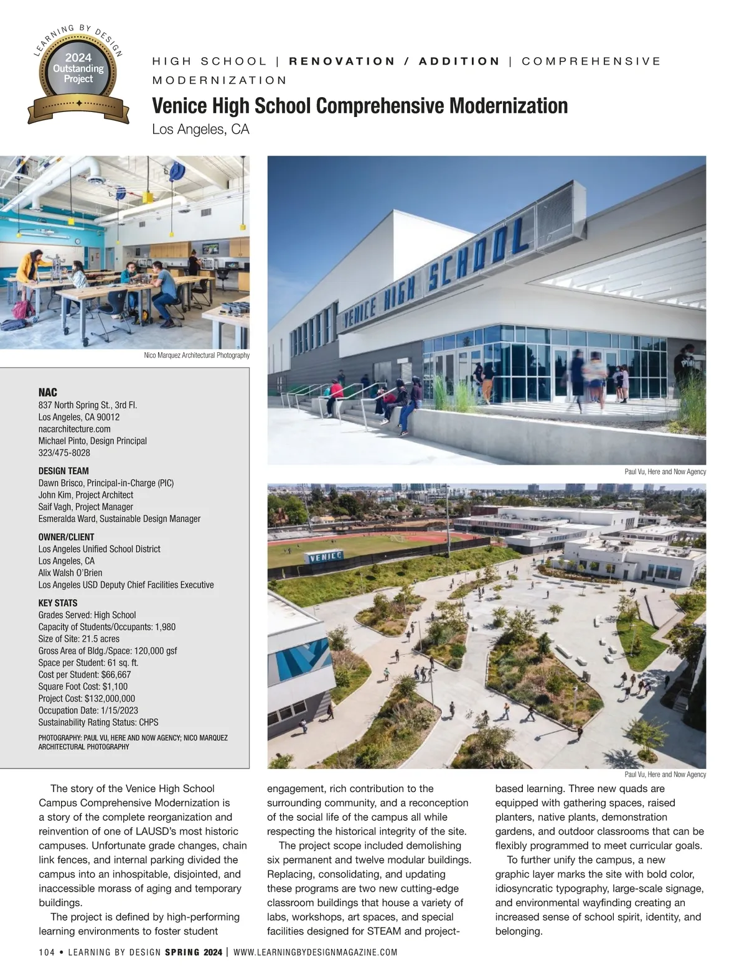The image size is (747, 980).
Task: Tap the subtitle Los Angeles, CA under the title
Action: [200, 129]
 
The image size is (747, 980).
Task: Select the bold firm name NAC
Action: [47, 392]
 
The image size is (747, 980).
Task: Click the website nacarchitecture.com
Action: [74, 429]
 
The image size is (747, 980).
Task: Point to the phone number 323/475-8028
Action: [64, 453]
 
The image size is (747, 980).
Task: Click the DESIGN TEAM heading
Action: [63, 471]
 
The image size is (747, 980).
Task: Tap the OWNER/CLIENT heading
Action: [66, 537]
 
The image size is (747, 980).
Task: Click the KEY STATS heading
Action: [58, 603]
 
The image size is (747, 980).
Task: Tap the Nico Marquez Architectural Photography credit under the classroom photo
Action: [196, 355]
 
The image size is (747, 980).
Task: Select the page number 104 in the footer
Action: [47, 952]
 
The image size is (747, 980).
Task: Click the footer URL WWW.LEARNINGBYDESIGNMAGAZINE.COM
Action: [316, 952]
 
